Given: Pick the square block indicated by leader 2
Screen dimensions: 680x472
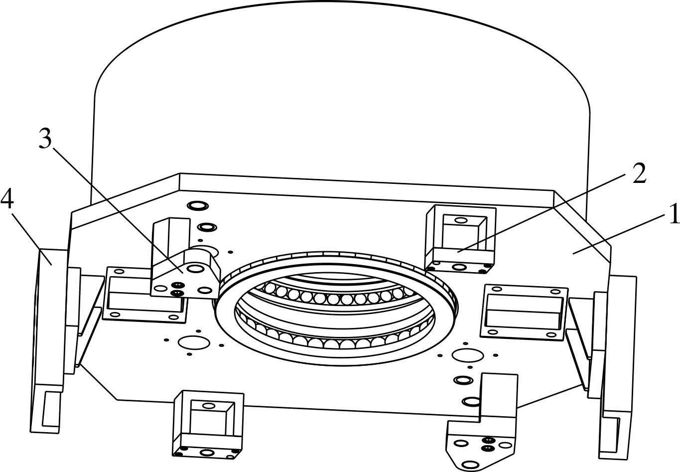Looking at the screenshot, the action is [460, 234].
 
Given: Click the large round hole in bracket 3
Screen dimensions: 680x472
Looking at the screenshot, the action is [195, 269].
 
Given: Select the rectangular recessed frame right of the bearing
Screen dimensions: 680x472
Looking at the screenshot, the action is [524, 312].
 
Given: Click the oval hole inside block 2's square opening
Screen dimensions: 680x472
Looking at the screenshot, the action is [461, 220].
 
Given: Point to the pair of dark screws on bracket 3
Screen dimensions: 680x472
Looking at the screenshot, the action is [176, 289].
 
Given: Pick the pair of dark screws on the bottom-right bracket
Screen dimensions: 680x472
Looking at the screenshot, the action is [488, 444].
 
